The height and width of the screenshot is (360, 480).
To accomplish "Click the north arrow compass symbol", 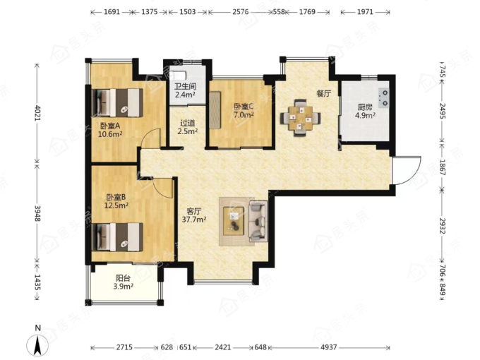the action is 37,344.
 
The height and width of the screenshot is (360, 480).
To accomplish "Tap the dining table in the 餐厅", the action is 301,118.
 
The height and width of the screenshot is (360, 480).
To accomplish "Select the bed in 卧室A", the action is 118,103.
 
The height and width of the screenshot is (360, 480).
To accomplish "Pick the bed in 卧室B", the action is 118,237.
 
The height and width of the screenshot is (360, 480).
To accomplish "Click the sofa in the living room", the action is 258,222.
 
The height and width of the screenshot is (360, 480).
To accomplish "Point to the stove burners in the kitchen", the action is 384,98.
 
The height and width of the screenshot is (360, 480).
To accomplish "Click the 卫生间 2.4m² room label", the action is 185,90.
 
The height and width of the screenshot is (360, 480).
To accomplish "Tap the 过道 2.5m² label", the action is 188,127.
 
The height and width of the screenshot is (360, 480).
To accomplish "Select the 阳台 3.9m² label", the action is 123,282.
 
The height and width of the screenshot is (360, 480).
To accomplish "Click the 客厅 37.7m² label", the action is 194,215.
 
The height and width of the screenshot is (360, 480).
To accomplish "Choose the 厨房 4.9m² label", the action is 365,111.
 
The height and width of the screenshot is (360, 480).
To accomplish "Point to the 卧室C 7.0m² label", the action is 244,111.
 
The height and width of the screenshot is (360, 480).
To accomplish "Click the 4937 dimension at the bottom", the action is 329,347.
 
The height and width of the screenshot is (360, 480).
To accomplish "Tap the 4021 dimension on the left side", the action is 37,112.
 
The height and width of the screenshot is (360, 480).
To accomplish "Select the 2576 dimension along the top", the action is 240,12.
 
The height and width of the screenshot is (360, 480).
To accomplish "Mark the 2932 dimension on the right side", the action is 442,226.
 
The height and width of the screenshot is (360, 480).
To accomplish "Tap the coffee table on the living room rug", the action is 234,221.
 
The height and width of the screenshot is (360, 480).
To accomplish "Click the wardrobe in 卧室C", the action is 215,110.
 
